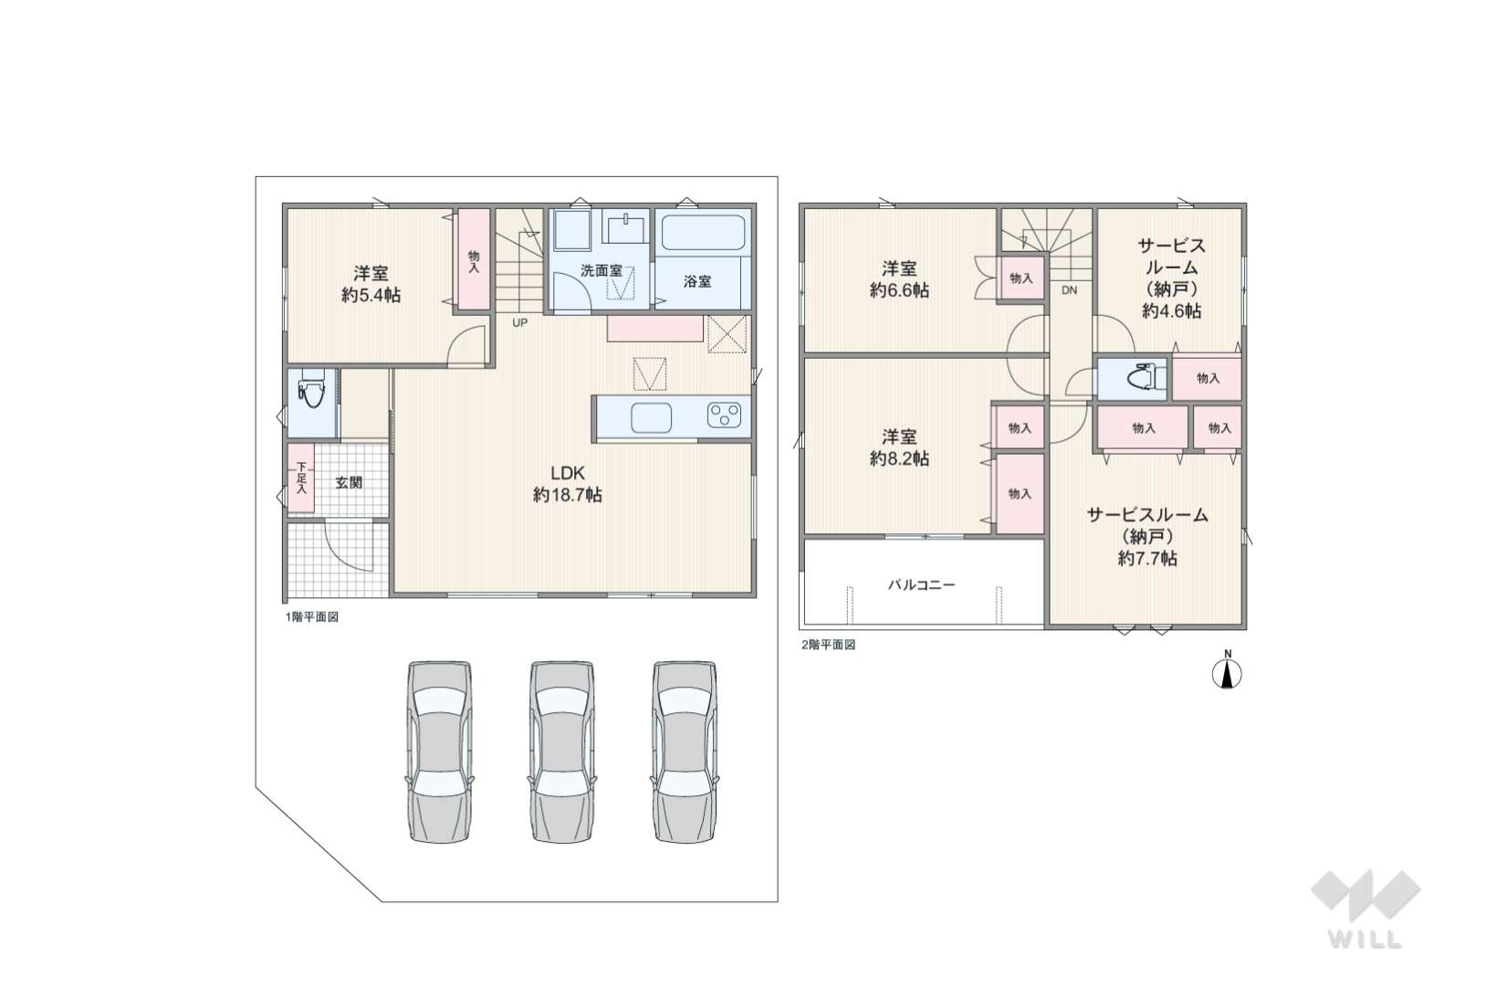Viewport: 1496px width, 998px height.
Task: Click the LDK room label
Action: click(567, 473)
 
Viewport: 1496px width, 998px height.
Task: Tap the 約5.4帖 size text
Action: click(371, 295)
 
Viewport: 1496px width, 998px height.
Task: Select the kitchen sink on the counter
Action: click(651, 418)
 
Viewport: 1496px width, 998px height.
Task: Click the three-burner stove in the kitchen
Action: click(724, 415)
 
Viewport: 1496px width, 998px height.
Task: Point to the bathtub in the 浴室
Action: click(702, 233)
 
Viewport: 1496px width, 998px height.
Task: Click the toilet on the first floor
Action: click(312, 389)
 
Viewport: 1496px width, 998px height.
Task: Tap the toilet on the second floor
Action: click(1142, 378)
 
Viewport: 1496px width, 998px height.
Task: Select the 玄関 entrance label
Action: click(349, 481)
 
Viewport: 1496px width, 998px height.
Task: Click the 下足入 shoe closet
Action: click(301, 478)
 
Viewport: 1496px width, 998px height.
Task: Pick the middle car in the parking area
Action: click(561, 751)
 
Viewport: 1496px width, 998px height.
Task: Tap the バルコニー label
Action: click(921, 584)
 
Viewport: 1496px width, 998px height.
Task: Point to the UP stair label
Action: click(519, 322)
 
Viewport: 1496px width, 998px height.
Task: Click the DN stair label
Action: click(1069, 290)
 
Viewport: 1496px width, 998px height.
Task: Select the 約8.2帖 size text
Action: click(899, 458)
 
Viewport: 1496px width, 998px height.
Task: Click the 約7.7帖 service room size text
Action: click(1147, 558)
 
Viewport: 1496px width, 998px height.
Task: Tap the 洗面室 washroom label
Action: click(602, 270)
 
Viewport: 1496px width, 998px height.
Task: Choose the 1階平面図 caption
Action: click(312, 616)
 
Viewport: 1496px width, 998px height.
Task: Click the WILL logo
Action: click(1365, 909)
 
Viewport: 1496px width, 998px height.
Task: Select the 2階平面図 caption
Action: click(828, 645)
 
